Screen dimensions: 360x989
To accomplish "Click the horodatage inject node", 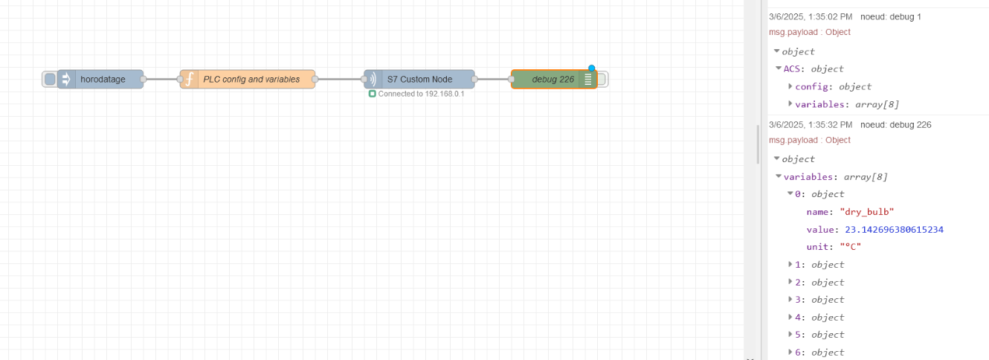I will tap(103, 80).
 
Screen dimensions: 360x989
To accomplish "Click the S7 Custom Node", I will tap(419, 80).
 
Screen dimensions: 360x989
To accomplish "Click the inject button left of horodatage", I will tap(50, 80).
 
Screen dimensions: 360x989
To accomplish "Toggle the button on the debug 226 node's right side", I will tap(602, 80).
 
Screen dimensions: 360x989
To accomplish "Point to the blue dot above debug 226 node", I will tap(592, 68).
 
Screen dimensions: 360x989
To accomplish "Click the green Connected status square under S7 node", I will tap(372, 94).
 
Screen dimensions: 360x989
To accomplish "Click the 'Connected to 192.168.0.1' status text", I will tap(421, 94).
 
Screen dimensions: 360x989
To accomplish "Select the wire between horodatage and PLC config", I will tap(161, 79).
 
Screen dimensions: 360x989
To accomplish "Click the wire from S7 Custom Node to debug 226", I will tap(492, 79).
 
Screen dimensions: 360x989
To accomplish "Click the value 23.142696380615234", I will tap(894, 229).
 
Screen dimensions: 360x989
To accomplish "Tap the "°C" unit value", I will tap(850, 247).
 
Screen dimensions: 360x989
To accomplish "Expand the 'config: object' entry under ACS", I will tap(790, 86).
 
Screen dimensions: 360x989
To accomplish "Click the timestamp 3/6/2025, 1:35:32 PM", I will tap(811, 124).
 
